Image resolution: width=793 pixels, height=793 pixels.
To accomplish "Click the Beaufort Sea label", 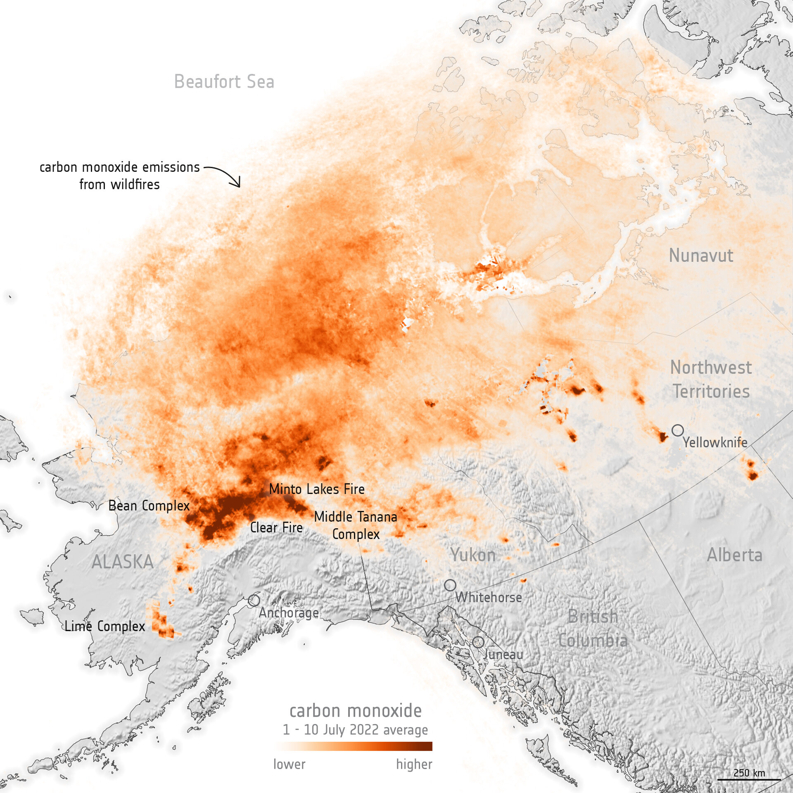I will pos(224,81).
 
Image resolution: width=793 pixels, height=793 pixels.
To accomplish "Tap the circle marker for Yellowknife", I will pos(677,430).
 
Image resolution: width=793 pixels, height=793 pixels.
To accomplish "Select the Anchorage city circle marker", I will pos(254,600).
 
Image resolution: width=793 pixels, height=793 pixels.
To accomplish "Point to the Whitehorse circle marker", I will pos(450,585).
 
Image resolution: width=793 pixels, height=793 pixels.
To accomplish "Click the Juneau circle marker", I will pos(478,642).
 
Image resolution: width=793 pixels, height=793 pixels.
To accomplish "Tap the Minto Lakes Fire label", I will pos(317,489).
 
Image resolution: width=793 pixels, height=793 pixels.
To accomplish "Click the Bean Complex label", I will pos(149,506).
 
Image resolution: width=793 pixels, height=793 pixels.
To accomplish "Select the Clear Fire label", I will pos(276,528).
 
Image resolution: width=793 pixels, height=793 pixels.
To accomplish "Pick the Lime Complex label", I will pos(105,627).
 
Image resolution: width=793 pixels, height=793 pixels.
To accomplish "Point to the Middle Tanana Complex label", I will pos(356,525).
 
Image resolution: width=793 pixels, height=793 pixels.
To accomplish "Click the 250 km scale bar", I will pos(749,779).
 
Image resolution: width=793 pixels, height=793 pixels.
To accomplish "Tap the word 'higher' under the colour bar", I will pos(414,765).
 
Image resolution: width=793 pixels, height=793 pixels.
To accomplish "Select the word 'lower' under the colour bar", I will pos(289,765).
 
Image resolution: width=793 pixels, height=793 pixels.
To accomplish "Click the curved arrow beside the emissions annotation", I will pos(225,175).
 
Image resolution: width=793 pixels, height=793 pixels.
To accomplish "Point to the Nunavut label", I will pos(701,256).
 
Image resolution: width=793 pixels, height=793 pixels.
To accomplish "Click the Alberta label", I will pos(734,555).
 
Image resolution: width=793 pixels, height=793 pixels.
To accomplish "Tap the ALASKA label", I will pos(123,562).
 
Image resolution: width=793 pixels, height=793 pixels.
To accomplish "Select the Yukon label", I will pos(473,555).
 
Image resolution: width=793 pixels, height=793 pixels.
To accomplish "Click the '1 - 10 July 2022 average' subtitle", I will pos(355,730).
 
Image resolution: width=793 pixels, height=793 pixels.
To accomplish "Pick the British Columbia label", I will pos(593,629).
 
